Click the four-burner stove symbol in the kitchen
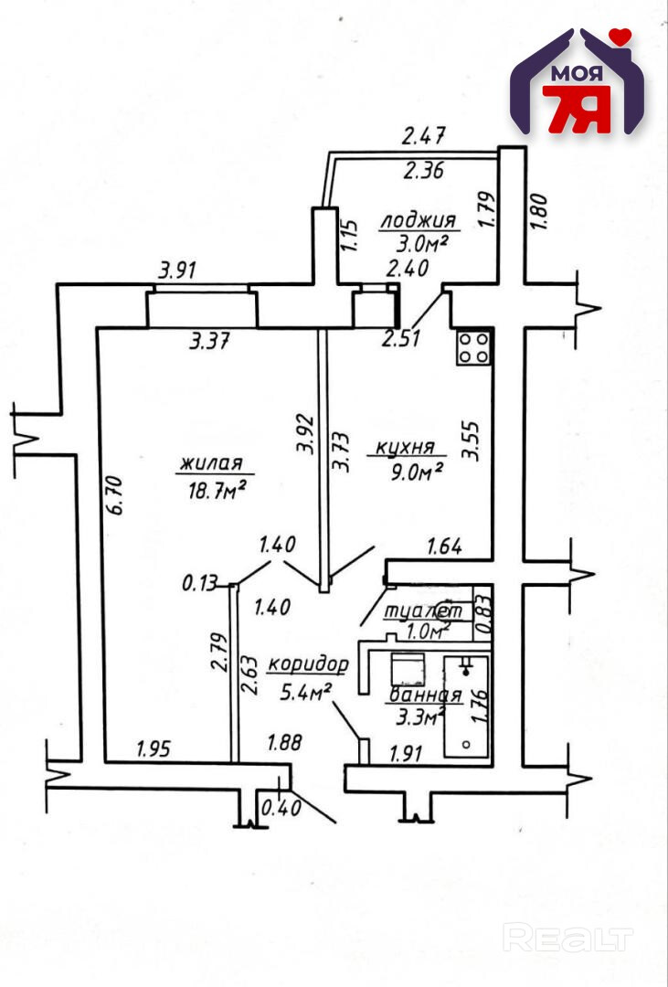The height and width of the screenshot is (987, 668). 473,347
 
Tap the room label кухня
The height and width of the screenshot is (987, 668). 404,449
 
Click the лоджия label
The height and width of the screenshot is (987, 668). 418,220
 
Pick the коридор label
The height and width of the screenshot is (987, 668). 308,664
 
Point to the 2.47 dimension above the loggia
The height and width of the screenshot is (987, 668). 423,138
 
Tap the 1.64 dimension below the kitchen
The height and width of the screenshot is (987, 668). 445,547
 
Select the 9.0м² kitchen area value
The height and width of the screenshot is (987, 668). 420,472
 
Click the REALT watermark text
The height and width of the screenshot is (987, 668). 568,938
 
